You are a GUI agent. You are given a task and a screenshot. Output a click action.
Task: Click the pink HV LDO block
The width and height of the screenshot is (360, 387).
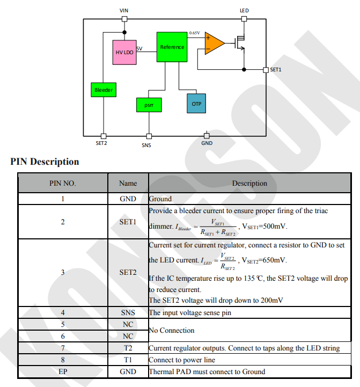click(124, 52)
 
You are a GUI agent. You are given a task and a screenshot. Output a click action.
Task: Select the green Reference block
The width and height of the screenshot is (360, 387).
click(172, 47)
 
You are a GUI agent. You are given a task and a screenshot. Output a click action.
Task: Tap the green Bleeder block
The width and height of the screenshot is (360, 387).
click(104, 90)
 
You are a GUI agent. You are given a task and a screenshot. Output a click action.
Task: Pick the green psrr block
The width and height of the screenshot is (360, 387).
click(149, 105)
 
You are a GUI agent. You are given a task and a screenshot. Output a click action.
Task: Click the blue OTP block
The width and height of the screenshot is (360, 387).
click(196, 104)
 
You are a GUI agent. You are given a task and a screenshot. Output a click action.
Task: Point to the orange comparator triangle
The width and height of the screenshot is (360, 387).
click(214, 43)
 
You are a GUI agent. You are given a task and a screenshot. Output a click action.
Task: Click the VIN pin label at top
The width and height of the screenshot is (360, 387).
click(124, 11)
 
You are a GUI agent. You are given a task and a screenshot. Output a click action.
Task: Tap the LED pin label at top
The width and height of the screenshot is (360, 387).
click(244, 11)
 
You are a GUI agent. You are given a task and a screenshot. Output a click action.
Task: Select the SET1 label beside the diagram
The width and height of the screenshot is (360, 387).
click(275, 70)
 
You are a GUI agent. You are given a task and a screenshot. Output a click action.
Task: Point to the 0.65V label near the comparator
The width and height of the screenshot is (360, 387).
click(194, 33)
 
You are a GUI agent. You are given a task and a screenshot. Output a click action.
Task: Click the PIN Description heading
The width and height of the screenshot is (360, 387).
click(45, 162)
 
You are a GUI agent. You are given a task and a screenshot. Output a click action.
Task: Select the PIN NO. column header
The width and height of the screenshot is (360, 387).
click(63, 183)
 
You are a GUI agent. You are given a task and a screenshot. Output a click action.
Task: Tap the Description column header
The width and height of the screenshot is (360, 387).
click(249, 183)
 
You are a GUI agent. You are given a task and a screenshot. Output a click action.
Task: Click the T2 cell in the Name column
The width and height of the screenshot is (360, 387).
click(128, 348)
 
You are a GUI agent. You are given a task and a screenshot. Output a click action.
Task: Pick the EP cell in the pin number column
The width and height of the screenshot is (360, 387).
click(63, 371)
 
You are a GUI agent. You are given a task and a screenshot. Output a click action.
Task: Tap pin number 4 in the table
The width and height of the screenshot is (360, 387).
click(63, 312)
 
